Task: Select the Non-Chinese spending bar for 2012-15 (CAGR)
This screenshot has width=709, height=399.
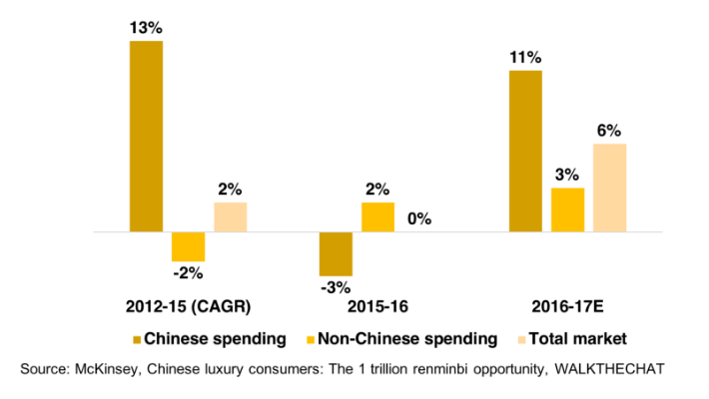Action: click(x=188, y=246)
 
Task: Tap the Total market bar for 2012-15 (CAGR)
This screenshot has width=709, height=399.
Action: click(x=230, y=217)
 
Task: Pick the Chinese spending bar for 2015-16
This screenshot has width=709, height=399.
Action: click(x=336, y=253)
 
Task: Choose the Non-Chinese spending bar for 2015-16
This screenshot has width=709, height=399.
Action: click(x=377, y=217)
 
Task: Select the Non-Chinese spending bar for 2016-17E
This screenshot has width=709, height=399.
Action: click(x=567, y=209)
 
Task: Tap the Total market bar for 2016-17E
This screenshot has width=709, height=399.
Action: click(x=609, y=188)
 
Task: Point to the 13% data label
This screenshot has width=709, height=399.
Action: click(x=146, y=28)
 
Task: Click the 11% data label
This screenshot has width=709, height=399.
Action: click(x=525, y=58)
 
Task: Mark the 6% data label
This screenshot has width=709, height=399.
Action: click(x=609, y=131)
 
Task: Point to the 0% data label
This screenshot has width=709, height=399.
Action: click(x=419, y=218)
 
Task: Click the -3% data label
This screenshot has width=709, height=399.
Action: click(x=336, y=289)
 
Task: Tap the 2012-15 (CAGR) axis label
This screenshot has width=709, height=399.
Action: click(x=188, y=304)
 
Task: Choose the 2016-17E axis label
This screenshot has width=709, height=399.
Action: click(x=567, y=304)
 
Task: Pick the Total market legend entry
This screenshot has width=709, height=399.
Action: click(x=582, y=337)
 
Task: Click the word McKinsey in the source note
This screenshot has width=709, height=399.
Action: click(x=108, y=369)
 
